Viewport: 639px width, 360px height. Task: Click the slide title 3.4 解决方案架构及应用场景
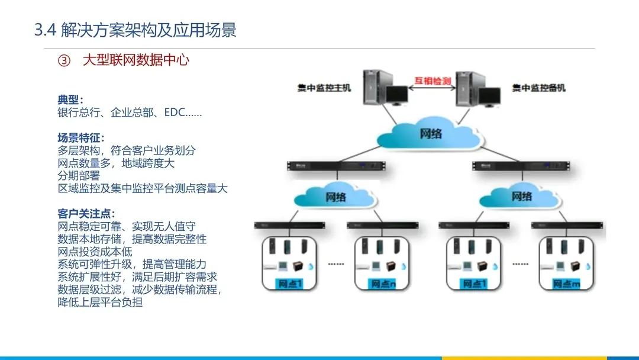[135, 30]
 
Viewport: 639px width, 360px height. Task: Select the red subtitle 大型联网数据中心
[136, 60]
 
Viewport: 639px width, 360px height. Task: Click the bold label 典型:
[70, 99]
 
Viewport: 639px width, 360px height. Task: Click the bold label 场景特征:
[80, 138]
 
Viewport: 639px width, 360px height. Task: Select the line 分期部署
[79, 176]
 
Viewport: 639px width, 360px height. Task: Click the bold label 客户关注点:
[86, 214]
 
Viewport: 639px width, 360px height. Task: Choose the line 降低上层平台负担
[100, 303]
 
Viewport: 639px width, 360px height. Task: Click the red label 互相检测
[432, 80]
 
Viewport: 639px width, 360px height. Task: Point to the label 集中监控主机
[324, 88]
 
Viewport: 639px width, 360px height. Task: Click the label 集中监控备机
[538, 88]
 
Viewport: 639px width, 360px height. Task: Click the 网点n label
[383, 284]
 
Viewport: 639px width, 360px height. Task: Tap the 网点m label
[567, 284]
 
